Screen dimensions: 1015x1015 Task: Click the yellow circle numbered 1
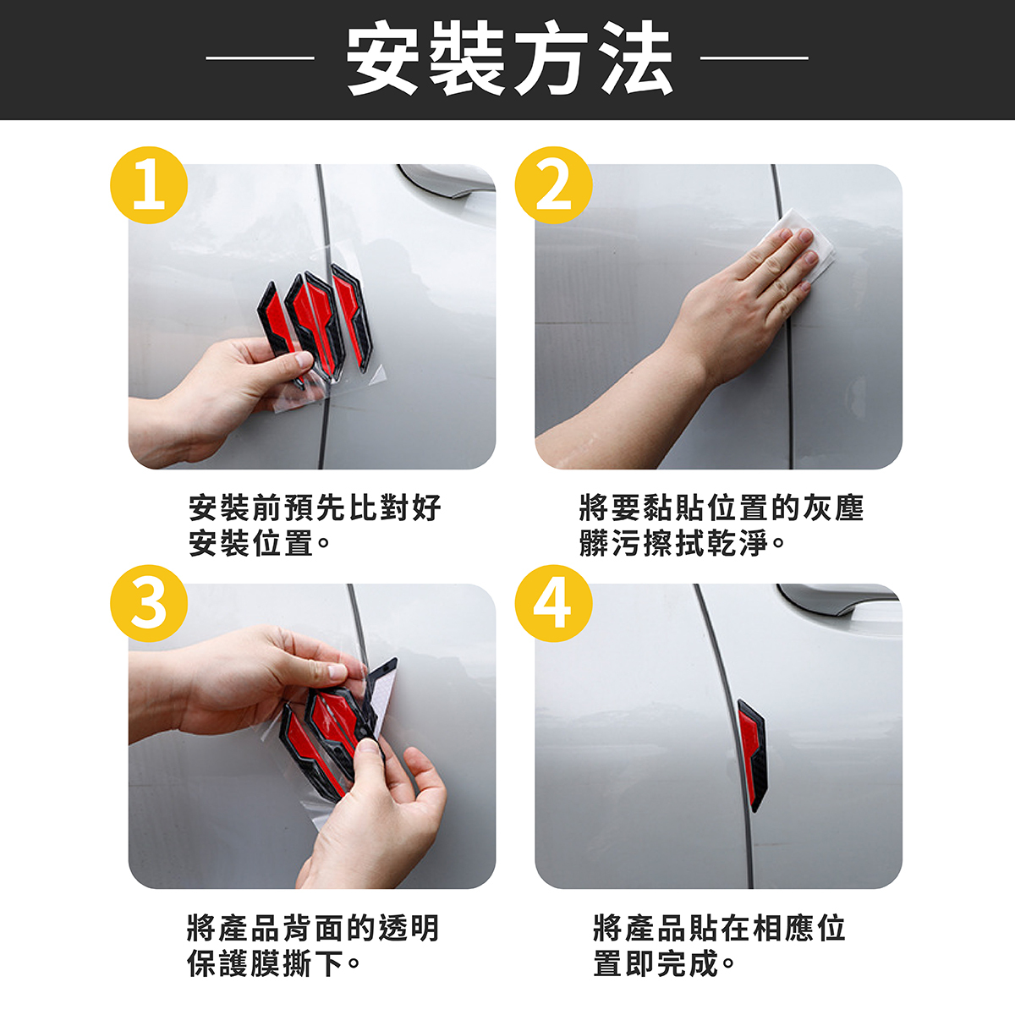[149, 185]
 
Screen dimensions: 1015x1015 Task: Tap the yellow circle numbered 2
[553, 185]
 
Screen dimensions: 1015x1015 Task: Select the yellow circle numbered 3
[149, 603]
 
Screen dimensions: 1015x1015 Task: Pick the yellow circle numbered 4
[553, 603]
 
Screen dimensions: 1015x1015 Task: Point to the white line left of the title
[260, 58]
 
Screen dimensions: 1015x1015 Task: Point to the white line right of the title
[754, 58]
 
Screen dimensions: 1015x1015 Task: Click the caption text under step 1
[315, 525]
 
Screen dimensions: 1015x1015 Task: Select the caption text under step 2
[721, 525]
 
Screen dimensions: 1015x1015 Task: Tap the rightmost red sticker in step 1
[351, 318]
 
